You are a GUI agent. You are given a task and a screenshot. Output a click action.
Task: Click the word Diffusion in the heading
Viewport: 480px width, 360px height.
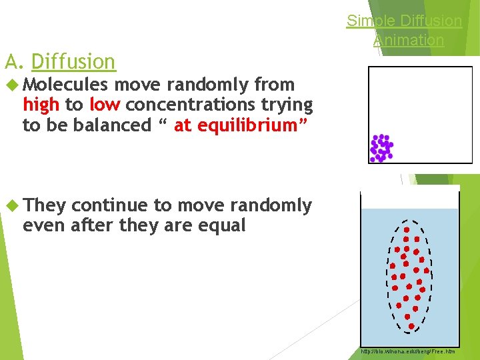(73, 62)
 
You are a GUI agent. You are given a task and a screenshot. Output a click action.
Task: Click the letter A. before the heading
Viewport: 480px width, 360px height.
(14, 62)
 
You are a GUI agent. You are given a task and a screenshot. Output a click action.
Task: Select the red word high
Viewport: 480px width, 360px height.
(41, 105)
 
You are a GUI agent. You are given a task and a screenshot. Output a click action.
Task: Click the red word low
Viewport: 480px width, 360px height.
(105, 105)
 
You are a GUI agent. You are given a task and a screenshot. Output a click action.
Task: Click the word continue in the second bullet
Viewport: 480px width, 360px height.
(109, 205)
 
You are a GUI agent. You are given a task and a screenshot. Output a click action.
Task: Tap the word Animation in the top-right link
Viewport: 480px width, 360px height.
(408, 40)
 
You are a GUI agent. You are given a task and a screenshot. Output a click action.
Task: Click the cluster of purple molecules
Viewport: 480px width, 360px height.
(381, 148)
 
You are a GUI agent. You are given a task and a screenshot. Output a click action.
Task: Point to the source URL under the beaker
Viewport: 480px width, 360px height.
(407, 351)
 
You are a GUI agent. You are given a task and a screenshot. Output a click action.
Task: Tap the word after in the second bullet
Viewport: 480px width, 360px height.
(93, 225)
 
